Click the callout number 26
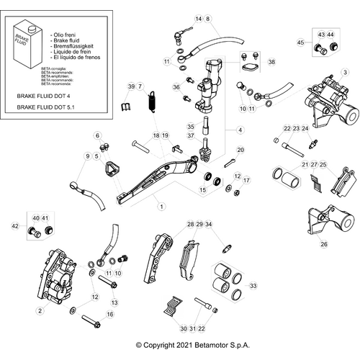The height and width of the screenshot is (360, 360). pos(323,245)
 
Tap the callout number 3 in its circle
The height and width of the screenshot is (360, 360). pos(345,72)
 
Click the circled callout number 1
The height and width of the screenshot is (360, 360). pos(162,207)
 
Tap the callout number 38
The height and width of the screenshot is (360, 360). pos(271,63)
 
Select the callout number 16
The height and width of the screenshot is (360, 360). pos(110,315)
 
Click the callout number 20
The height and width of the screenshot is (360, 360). pos(240,149)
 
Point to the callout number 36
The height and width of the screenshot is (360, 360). pos(175,87)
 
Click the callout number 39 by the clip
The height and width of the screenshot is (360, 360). pos(131,87)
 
